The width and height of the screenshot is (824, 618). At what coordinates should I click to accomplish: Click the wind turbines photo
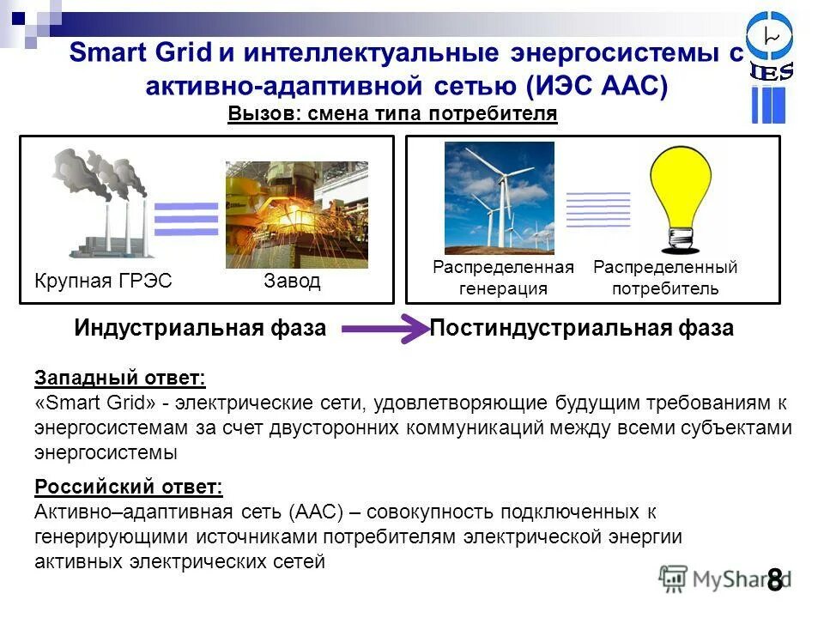[x=499, y=198]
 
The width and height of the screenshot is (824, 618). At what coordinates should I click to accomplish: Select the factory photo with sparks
[x=296, y=215]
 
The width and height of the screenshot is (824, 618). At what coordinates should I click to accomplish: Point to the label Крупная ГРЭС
[x=103, y=282]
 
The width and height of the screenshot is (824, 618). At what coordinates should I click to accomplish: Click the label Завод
[x=292, y=282]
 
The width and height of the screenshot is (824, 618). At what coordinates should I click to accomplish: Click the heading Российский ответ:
[x=128, y=488]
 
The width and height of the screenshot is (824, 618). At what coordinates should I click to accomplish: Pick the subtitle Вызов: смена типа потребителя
[x=392, y=114]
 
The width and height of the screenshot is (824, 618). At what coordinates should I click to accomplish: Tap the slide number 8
[x=774, y=580]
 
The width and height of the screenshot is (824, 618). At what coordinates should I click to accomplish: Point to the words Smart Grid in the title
[x=139, y=53]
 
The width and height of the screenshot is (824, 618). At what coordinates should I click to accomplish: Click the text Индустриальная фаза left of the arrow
[x=200, y=329]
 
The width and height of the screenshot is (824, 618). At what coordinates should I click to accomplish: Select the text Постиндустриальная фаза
[x=581, y=329]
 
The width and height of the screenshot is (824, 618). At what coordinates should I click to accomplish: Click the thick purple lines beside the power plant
[x=186, y=219]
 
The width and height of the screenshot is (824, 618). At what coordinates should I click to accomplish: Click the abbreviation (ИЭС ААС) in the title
[x=596, y=86]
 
